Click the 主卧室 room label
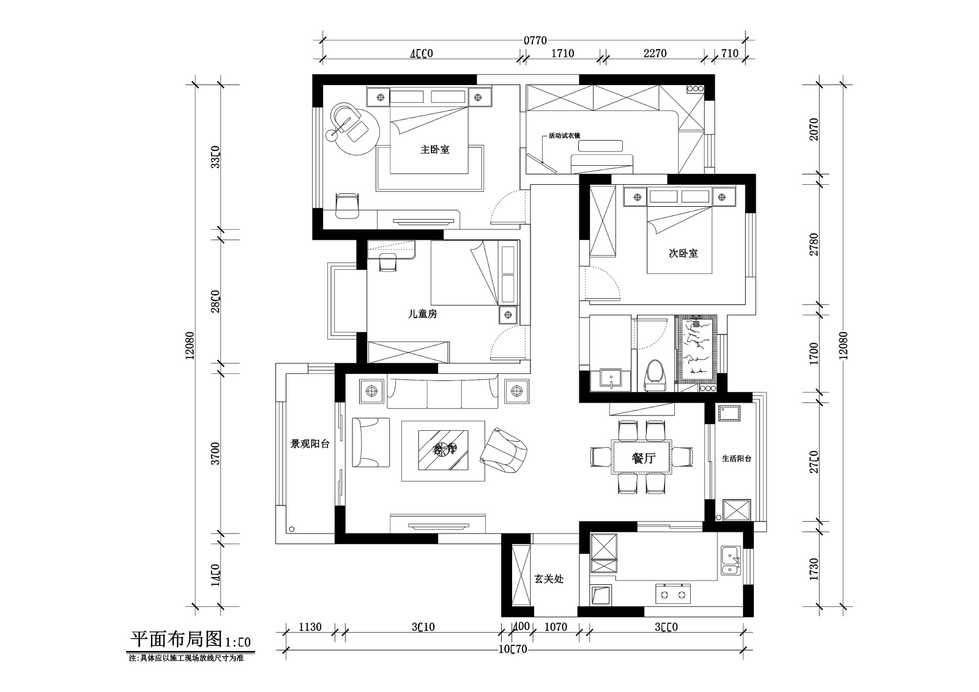(434, 149)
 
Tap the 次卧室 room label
(683, 253)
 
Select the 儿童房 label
(422, 314)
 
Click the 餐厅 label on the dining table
(642, 458)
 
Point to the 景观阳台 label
(310, 444)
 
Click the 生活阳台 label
(736, 458)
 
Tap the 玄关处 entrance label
(548, 578)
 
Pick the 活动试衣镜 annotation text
(564, 135)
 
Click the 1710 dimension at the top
(562, 53)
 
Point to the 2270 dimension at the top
(655, 53)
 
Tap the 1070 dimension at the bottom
(556, 627)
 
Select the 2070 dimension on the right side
(813, 129)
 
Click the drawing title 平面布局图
(176, 640)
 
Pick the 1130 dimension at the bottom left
(310, 627)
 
